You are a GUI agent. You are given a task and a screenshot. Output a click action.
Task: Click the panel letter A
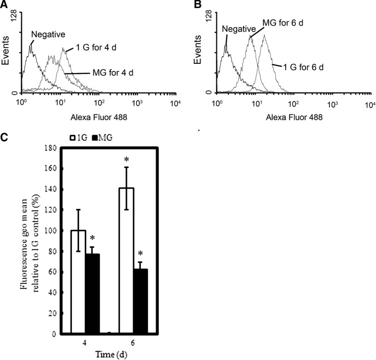pyautogui.click(x=5, y=5)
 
